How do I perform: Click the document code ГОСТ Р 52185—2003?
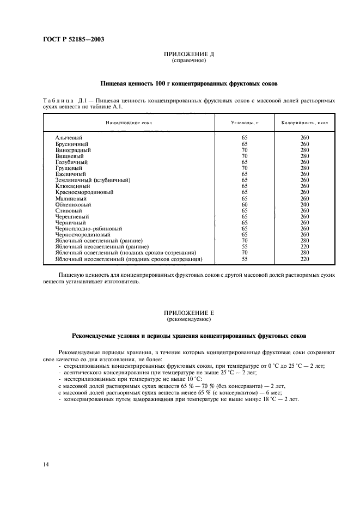click(74, 40)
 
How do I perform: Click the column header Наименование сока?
click(129, 123)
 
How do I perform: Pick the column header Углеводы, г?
click(245, 123)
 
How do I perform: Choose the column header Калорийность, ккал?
click(304, 123)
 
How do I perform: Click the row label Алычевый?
click(68, 138)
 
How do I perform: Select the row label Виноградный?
click(73, 150)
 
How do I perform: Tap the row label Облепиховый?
click(73, 204)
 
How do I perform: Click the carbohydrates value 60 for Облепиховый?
click(245, 204)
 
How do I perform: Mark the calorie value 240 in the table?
click(304, 204)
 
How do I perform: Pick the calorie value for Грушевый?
click(304, 168)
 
